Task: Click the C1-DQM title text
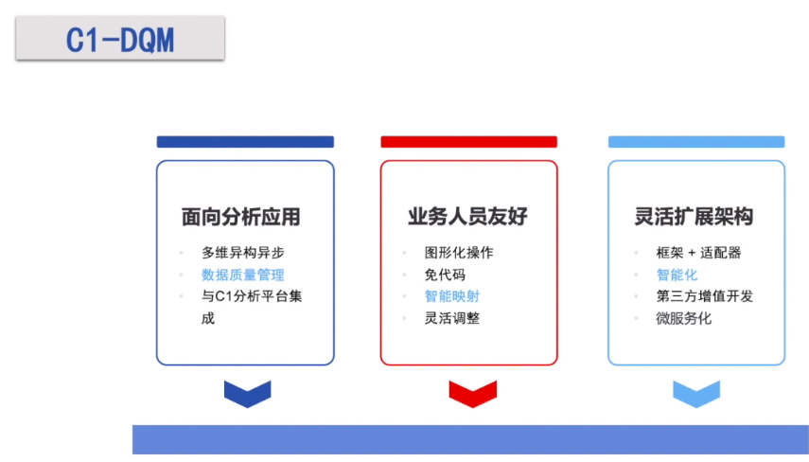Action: click(120, 41)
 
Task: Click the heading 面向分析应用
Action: click(241, 217)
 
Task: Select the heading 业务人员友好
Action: click(467, 216)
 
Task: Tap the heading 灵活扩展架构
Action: click(694, 216)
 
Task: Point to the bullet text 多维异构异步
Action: click(243, 253)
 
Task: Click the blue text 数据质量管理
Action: click(243, 275)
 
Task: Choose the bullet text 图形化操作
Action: click(459, 253)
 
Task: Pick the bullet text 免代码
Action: click(446, 275)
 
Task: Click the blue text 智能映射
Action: click(452, 296)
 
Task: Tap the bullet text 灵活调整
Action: click(452, 318)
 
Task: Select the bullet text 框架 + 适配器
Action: click(698, 253)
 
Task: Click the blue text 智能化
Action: click(677, 275)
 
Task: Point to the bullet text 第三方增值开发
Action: click(705, 296)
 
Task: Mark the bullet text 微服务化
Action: click(683, 318)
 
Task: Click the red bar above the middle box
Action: click(469, 142)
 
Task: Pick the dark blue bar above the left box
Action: click(246, 142)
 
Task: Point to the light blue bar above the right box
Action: click(696, 142)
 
